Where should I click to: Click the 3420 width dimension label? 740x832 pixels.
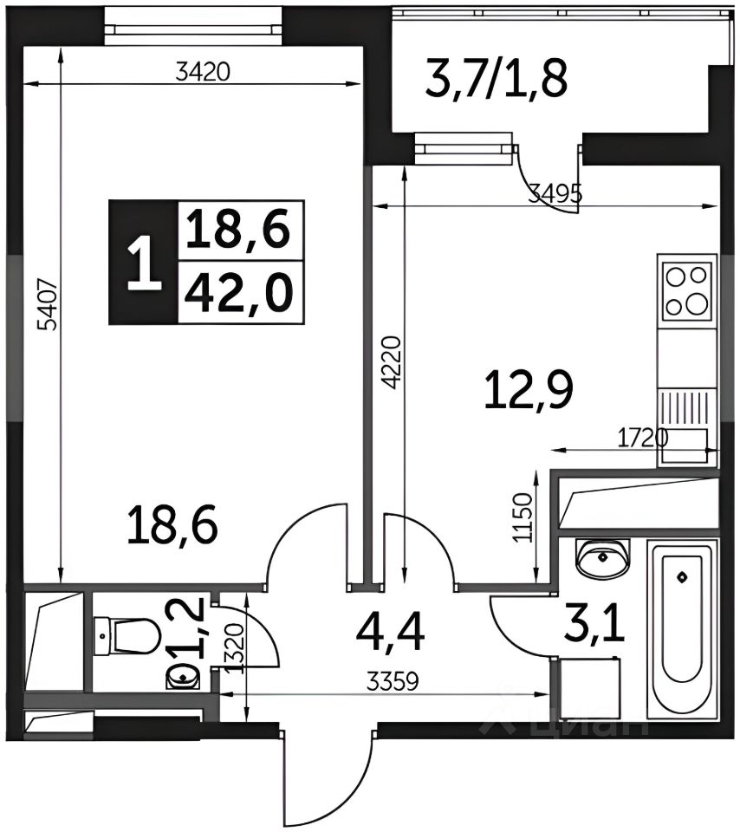click(203, 72)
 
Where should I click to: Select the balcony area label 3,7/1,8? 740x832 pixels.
click(497, 80)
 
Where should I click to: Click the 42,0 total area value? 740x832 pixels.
click(238, 293)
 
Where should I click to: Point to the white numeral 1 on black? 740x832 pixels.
click(144, 263)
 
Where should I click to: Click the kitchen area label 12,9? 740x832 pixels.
click(529, 391)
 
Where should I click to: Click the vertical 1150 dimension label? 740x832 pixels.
click(523, 517)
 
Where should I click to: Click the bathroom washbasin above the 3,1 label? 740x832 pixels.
click(602, 558)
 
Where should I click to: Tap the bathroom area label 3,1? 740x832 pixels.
click(595, 625)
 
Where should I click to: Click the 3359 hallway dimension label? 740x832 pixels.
click(393, 681)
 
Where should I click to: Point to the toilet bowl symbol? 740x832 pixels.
click(128, 636)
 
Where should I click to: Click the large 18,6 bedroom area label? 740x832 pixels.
click(173, 525)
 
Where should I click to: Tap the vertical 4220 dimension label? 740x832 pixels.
click(391, 362)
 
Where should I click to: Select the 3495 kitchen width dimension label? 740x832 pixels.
click(556, 194)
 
